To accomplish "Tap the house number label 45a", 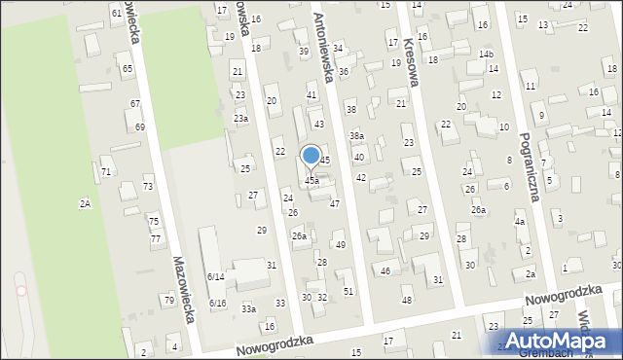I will [311, 180].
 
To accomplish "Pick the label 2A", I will [85, 203].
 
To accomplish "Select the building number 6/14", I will [216, 276].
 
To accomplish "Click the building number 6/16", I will [217, 303].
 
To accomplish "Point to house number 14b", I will [486, 54].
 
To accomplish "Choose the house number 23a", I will [240, 118].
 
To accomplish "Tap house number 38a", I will [357, 135].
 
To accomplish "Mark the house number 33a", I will [249, 308].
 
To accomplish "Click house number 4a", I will [520, 221].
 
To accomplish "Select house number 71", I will [105, 171].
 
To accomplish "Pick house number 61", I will [117, 13].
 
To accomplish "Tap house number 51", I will [348, 291].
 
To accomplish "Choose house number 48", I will [406, 300].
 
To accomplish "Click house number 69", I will [140, 126].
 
